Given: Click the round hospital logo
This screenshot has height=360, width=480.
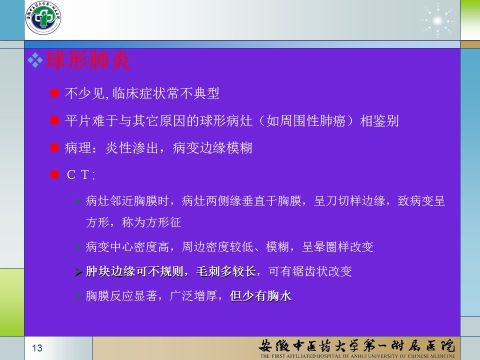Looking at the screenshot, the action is (43, 18).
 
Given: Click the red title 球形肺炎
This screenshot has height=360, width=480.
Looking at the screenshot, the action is (87, 60).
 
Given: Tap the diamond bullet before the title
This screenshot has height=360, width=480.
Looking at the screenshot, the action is (35, 60).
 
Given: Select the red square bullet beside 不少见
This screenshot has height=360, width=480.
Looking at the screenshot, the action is (54, 93).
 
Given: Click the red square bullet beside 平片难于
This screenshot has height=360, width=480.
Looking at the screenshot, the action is (54, 120).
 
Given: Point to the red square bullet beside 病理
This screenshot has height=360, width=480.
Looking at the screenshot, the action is (54, 148).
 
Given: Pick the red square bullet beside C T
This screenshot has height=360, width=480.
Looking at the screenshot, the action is (54, 175).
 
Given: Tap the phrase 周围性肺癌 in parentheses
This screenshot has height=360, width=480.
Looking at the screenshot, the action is (306, 120).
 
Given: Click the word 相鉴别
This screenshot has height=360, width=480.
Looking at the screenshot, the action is (379, 120).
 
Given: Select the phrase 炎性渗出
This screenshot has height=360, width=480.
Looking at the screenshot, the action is (132, 148).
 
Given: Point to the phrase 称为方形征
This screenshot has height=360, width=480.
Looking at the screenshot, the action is (151, 222).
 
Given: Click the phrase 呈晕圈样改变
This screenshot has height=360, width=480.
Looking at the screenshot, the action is (337, 246).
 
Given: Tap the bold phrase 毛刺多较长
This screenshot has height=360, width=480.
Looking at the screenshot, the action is (226, 271).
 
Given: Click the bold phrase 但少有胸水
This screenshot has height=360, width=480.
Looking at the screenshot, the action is (260, 295).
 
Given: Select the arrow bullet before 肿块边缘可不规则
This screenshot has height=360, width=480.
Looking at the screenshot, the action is (78, 271).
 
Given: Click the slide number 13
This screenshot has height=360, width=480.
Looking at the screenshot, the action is (37, 348).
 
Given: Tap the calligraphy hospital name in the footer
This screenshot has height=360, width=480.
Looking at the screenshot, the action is (356, 345).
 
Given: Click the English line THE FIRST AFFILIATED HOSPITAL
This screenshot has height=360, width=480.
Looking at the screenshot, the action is (357, 356).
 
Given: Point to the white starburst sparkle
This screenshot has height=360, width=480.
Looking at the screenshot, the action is (437, 21).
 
